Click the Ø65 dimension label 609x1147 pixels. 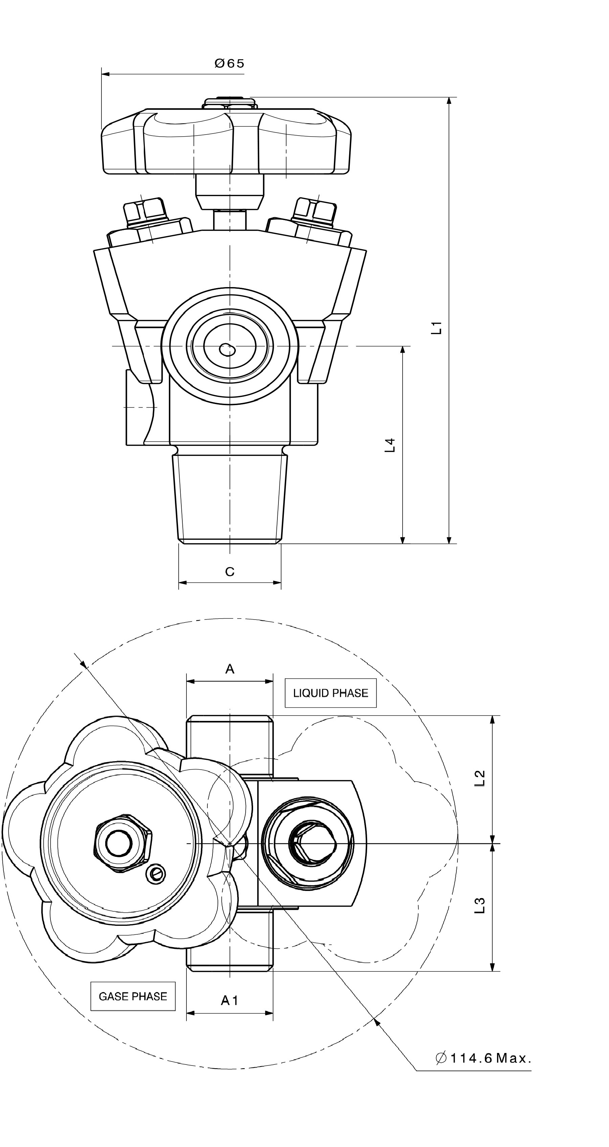coord(229,64)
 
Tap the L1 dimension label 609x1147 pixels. coord(438,327)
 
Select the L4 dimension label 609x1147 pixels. coord(390,445)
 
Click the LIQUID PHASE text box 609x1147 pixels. coord(331,693)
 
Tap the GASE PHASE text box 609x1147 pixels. coord(133,997)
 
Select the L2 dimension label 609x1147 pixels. coord(480,778)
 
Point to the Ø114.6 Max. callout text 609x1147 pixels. coord(483,1058)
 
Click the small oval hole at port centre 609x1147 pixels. coord(227,350)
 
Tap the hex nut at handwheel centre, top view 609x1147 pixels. coord(121,843)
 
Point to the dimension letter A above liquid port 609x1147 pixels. coord(229,669)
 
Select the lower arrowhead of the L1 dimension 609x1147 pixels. coord(449,540)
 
